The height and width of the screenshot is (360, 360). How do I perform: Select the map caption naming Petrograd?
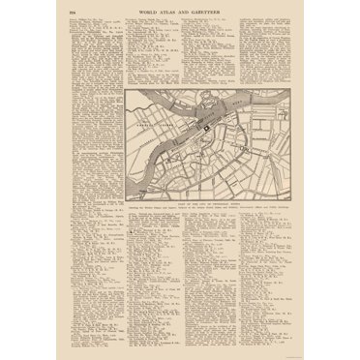(x=206, y=194)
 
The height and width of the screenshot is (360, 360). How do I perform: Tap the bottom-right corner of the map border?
(x=288, y=190)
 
